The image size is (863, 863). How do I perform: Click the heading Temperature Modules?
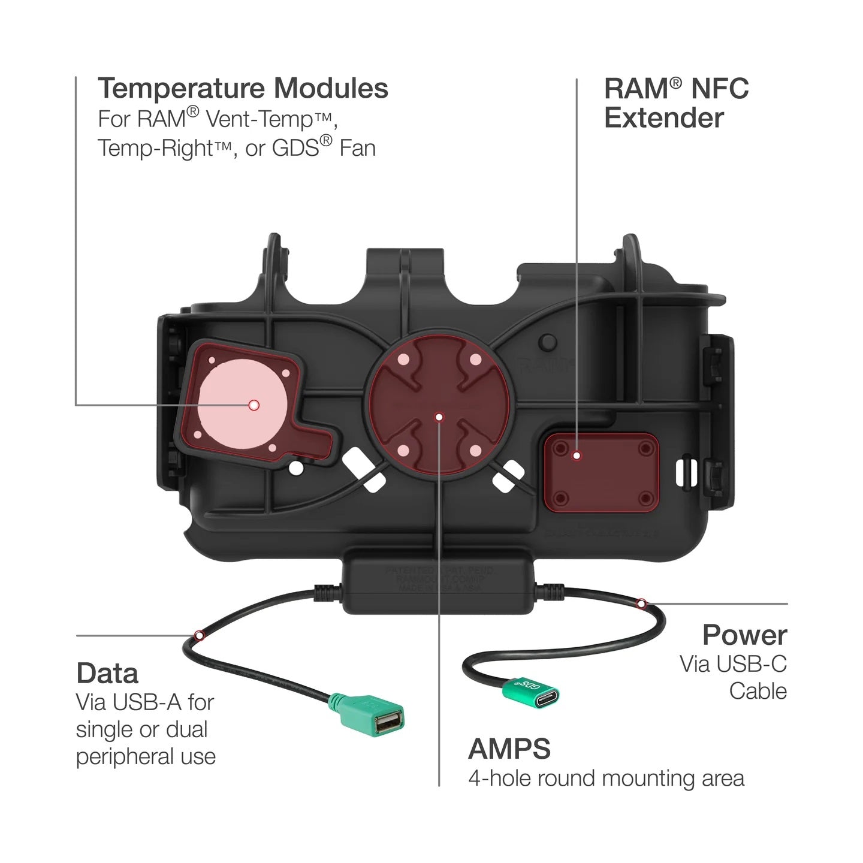click(243, 89)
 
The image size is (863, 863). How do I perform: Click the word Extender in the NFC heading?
click(663, 118)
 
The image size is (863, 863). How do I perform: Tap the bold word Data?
click(107, 674)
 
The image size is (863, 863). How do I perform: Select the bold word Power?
click(744, 635)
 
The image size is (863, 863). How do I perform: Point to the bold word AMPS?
click(509, 749)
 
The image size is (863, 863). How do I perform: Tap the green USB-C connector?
click(532, 692)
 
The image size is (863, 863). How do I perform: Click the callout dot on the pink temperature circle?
click(254, 405)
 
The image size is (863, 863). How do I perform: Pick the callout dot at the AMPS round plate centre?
click(439, 417)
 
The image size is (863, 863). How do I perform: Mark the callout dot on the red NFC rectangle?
click(577, 455)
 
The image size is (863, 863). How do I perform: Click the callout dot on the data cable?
click(199, 635)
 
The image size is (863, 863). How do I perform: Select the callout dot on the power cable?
click(641, 603)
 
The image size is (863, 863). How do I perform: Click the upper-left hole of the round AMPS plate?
click(403, 360)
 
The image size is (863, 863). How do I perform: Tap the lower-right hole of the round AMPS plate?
click(474, 450)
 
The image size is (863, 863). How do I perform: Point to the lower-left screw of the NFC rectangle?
click(560, 497)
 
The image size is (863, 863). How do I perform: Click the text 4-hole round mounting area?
click(606, 778)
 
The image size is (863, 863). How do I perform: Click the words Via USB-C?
click(732, 664)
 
